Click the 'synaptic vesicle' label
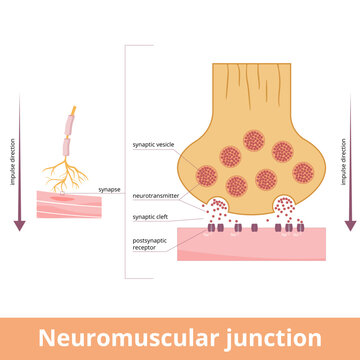[x=154, y=145]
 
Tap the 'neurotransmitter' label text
[x=156, y=198]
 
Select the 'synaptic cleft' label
[x=152, y=216]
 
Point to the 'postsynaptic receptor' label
[x=152, y=243]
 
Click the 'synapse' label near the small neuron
[x=109, y=188]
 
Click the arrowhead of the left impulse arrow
[x=18, y=225]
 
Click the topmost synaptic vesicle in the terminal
[x=251, y=131]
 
